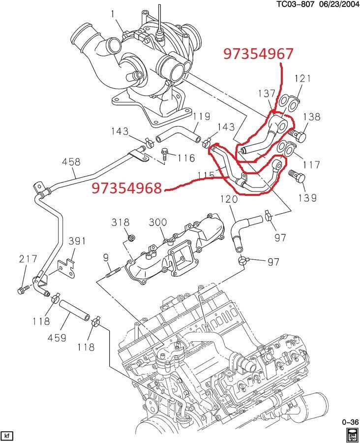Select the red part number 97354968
pyautogui.click(x=127, y=188)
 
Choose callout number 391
pyautogui.click(x=77, y=241)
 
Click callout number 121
pyautogui.click(x=303, y=79)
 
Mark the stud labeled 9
pyautogui.click(x=114, y=270)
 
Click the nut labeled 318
pyautogui.click(x=131, y=239)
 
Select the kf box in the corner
pyautogui.click(x=7, y=436)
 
